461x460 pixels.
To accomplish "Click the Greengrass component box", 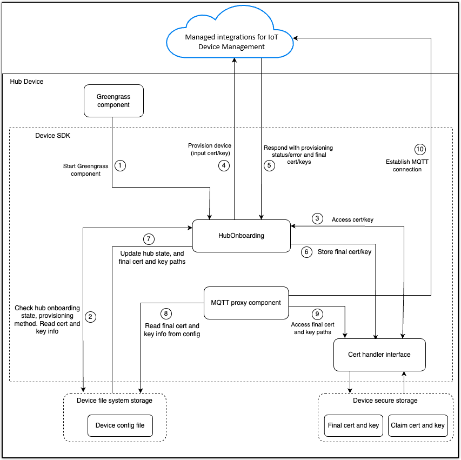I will point(113,101).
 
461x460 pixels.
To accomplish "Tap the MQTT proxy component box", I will point(246,303).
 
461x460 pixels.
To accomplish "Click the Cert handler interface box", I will point(379,355).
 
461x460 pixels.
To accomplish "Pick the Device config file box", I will point(120,425).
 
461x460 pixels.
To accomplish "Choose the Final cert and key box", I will point(353,425).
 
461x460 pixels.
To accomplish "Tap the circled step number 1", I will point(121,165).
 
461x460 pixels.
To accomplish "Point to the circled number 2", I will point(91,317).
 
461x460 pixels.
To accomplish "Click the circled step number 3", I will point(317,219).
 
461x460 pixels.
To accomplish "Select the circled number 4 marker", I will point(224,165).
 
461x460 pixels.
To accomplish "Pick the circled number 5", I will point(269,165).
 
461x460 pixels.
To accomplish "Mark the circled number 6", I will point(307,252).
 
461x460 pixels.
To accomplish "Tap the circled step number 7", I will point(148,238).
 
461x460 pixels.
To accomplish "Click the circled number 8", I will point(166,313).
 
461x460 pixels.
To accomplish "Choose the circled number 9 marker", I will point(317,313).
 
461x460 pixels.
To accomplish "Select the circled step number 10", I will point(420,149).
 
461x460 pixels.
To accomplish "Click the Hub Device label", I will point(26,82).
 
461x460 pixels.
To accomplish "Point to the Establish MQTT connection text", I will point(404,165).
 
